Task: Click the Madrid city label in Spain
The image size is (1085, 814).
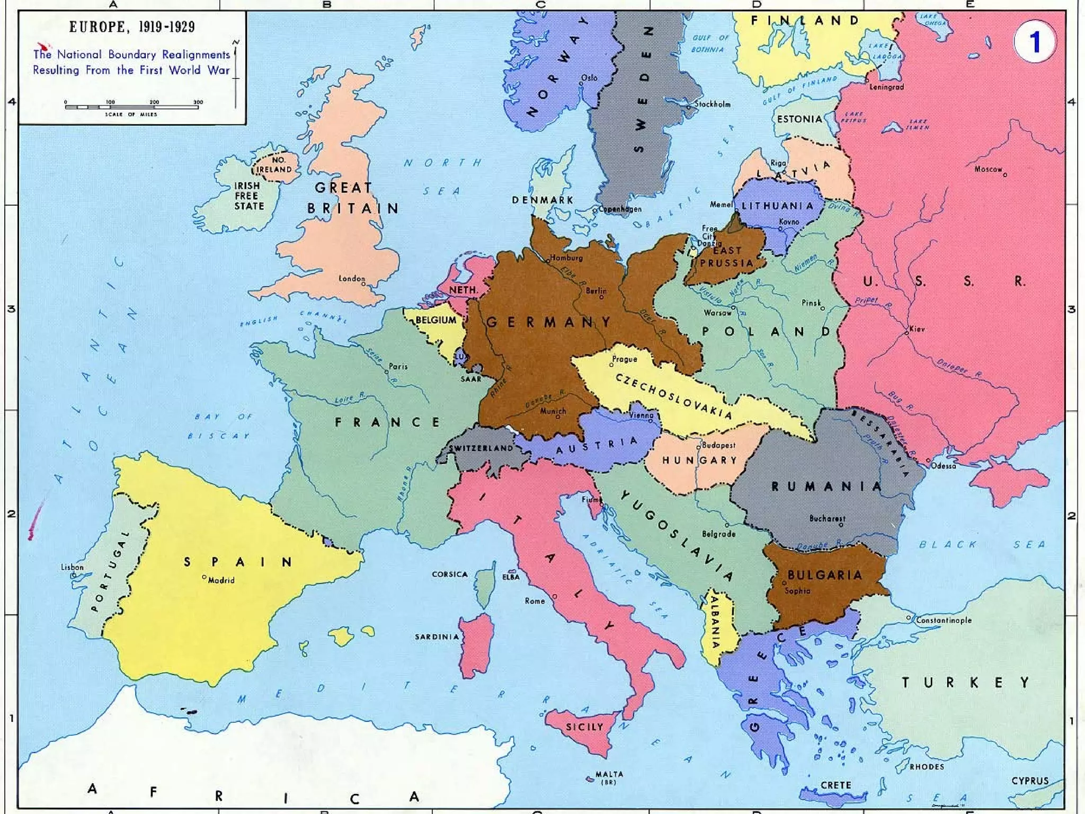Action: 221,580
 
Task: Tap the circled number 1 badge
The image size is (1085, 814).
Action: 1034,42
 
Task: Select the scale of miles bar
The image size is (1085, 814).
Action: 131,107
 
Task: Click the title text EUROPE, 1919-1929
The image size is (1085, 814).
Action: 132,27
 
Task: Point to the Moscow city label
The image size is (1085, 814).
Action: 988,169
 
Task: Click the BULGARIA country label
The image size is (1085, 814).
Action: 824,575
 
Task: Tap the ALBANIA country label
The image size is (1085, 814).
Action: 715,622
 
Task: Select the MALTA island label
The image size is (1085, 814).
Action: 609,774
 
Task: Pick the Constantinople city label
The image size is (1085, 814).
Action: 944,620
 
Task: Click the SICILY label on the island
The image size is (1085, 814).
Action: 584,727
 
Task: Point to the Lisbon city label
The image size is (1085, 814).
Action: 72,567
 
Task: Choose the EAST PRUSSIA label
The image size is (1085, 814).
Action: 726,257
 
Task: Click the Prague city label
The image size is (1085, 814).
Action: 625,359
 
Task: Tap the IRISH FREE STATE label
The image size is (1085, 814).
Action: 248,196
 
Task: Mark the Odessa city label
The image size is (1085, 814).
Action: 944,466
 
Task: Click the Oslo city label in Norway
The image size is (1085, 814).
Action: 589,78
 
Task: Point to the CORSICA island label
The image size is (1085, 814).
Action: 449,574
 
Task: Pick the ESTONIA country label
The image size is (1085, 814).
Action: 799,119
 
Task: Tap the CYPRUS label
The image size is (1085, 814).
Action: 1030,781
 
